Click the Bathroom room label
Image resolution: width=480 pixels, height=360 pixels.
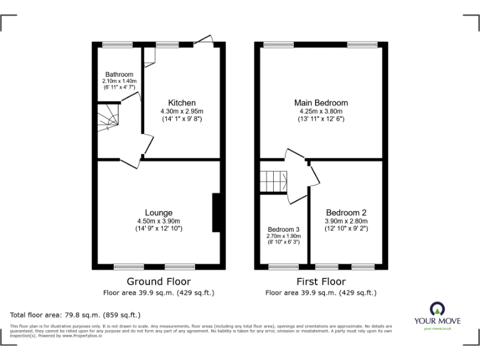click(x=119, y=74)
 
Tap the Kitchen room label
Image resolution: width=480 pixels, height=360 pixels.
click(x=182, y=103)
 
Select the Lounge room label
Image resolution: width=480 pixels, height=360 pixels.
click(x=159, y=212)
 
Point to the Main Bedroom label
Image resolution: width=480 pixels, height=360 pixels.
click(x=321, y=103)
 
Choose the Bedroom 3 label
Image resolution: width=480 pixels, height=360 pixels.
click(x=284, y=229)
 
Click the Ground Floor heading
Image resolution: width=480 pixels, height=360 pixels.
click(x=159, y=282)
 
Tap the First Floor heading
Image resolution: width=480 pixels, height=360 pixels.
click(x=321, y=282)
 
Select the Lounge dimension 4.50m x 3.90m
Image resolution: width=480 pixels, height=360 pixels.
click(x=159, y=221)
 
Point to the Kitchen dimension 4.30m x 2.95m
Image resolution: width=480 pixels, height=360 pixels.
click(x=182, y=111)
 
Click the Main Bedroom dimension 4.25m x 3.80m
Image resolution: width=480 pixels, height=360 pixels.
click(x=321, y=111)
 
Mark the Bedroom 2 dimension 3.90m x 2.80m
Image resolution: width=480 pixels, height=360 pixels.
click(x=346, y=221)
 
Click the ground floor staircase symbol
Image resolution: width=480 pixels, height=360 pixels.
click(x=107, y=117)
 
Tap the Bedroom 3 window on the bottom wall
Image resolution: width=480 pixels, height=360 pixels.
click(x=283, y=267)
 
